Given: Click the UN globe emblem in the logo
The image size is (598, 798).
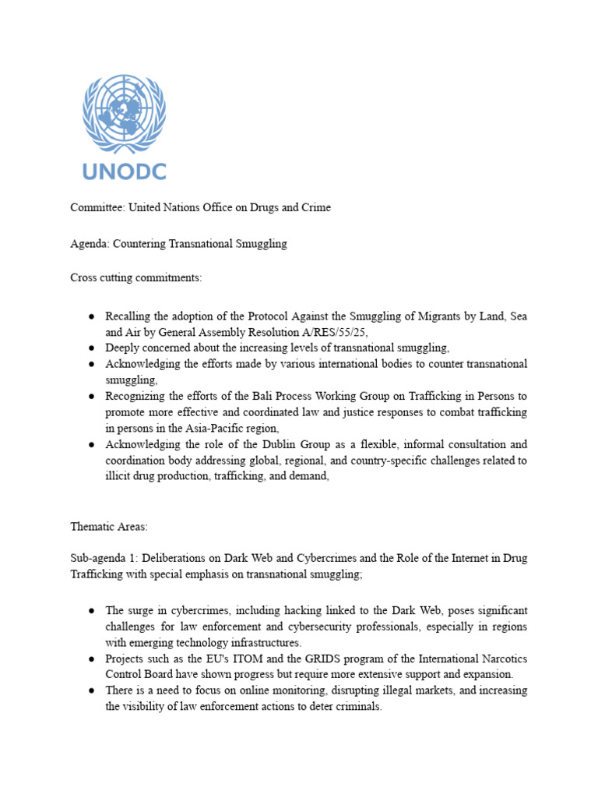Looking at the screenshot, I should pos(125,115).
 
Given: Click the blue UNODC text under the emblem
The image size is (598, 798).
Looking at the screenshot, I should pos(125,171).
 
